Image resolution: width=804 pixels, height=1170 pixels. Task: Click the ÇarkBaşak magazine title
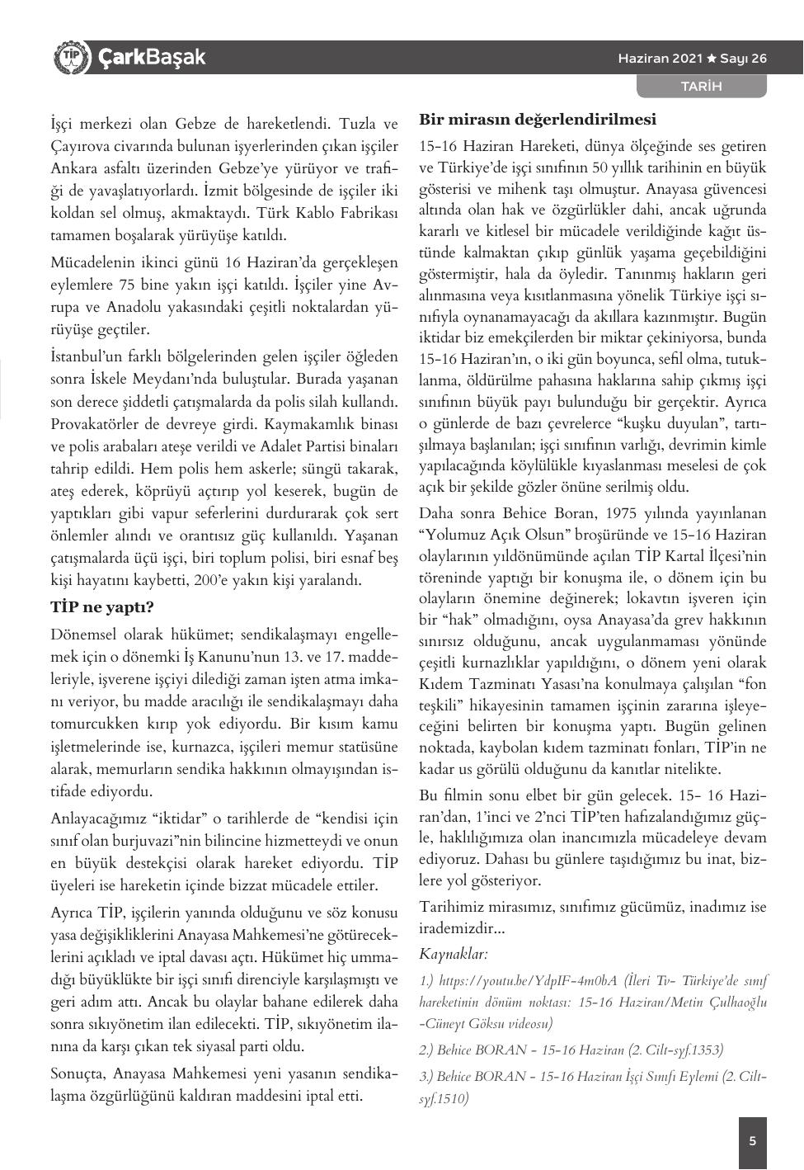click(152, 58)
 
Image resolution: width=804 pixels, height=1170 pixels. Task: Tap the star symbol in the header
click(712, 59)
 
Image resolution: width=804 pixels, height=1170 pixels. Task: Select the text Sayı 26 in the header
click(743, 59)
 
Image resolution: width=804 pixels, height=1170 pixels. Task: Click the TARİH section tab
click(701, 86)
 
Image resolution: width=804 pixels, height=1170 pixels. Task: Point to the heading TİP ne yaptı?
click(102, 607)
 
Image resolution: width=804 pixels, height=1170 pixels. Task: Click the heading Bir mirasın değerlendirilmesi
click(538, 119)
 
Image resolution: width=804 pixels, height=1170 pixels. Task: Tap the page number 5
click(752, 1142)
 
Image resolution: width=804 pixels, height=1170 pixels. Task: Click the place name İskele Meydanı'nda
click(179, 380)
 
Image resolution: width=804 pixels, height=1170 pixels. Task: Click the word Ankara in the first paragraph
click(76, 168)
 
